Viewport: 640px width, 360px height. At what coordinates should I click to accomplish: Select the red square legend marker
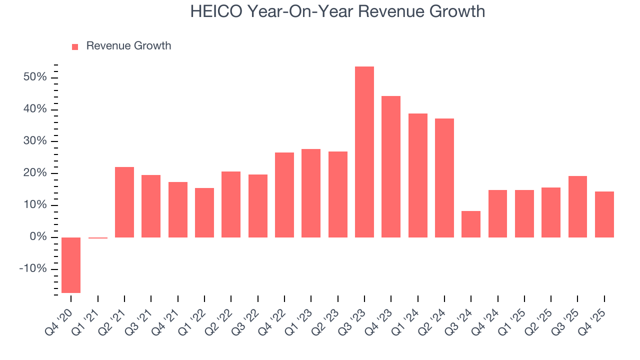pyautogui.click(x=75, y=46)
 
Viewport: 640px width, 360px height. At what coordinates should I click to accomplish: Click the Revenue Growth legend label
pyautogui.click(x=128, y=46)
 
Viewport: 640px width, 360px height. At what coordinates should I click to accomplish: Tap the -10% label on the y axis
pyautogui.click(x=33, y=269)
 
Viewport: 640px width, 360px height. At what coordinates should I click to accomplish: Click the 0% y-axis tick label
pyautogui.click(x=39, y=237)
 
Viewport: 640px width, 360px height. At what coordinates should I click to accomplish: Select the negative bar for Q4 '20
pyautogui.click(x=71, y=265)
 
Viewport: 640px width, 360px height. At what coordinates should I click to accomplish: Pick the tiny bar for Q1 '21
pyautogui.click(x=98, y=238)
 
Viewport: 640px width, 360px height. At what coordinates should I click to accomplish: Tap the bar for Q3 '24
pyautogui.click(x=471, y=224)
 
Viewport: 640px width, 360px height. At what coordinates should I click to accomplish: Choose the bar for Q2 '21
pyautogui.click(x=124, y=202)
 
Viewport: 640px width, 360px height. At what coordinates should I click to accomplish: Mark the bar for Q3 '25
pyautogui.click(x=577, y=206)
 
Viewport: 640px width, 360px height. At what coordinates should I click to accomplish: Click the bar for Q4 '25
pyautogui.click(x=604, y=214)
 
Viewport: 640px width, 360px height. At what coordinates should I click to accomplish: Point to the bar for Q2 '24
pyautogui.click(x=444, y=177)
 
